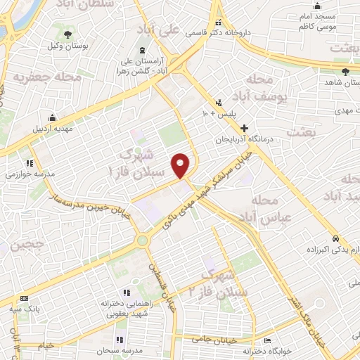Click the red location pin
point(181,165)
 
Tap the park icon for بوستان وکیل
point(67,34)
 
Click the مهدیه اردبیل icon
point(52,117)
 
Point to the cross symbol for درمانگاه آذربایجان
point(244,129)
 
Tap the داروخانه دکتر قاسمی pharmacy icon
point(218,21)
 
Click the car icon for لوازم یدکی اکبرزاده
point(337,238)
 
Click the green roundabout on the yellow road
point(143,241)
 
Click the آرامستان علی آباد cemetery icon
point(143,51)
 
